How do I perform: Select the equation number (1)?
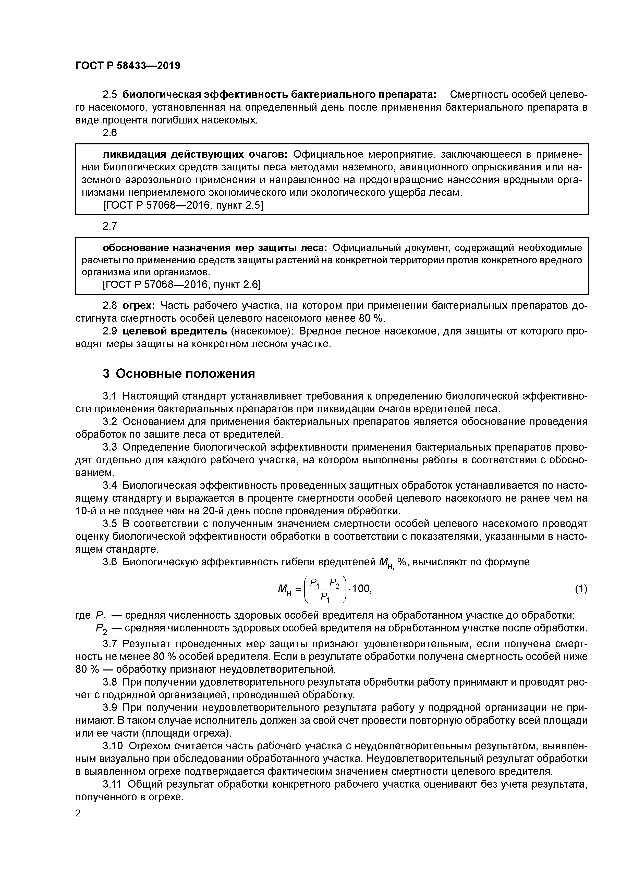tap(581, 588)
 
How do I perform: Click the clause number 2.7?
tap(109, 226)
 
